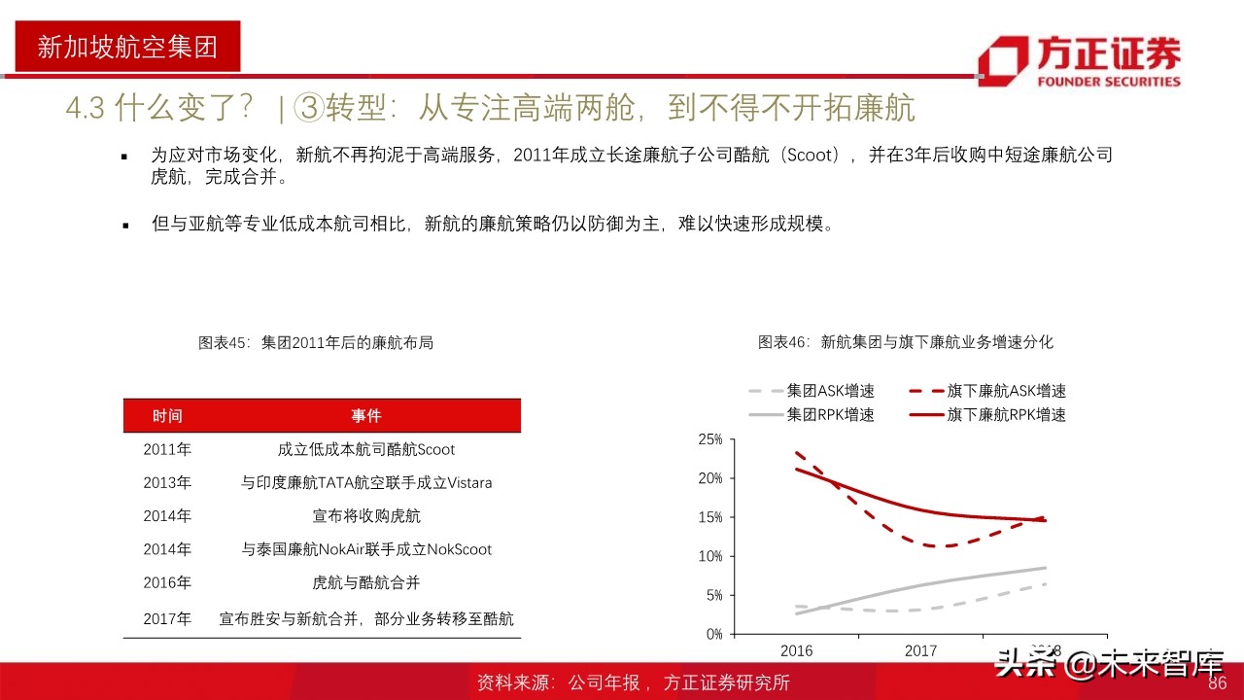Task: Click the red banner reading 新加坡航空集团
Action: [126, 47]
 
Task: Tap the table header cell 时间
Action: [167, 416]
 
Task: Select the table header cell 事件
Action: [366, 416]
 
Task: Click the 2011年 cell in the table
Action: [167, 449]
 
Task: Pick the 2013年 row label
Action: [167, 482]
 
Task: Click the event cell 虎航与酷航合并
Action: [366, 582]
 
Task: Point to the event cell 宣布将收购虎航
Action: [366, 516]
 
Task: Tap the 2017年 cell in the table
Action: [167, 618]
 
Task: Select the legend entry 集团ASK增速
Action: [830, 391]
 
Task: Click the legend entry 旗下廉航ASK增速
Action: [1006, 391]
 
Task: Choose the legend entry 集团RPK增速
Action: [830, 415]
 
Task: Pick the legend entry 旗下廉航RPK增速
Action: [1006, 415]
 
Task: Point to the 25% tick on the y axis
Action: [710, 439]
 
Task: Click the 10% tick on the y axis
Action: [710, 556]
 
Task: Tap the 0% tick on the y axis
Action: [714, 634]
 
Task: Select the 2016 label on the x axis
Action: [797, 650]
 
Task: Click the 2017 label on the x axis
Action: [921, 650]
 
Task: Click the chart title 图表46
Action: [905, 342]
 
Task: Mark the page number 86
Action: [1218, 683]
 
